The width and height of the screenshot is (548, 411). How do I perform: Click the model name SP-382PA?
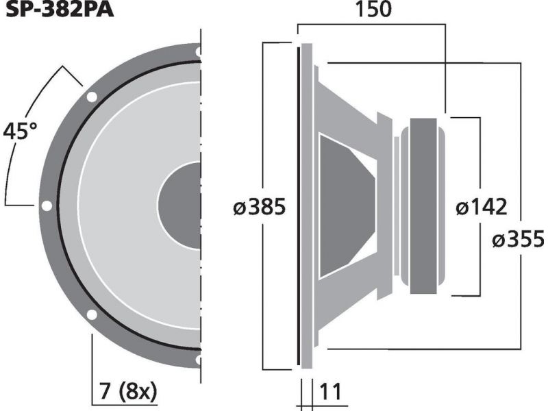point(60,9)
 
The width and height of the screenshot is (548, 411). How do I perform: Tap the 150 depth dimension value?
point(373,10)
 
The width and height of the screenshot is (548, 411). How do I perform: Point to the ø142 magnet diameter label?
point(482,207)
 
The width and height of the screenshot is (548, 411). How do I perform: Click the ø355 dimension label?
point(519,240)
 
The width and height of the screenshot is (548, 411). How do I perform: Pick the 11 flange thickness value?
point(330,392)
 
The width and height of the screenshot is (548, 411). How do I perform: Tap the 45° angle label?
point(20,131)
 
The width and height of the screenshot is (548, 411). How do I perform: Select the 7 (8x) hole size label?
point(128,391)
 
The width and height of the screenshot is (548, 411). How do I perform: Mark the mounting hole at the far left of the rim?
point(47,206)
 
